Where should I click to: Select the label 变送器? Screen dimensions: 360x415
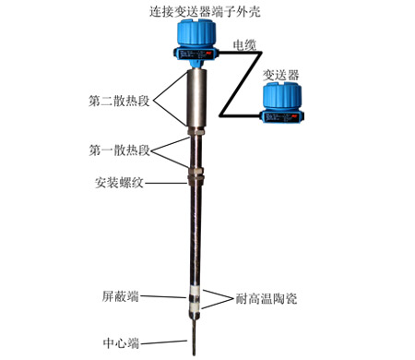(280, 73)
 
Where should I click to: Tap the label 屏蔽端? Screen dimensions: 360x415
(120, 297)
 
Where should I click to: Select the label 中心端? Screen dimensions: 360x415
(120, 343)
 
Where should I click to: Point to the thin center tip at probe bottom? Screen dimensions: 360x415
(194, 336)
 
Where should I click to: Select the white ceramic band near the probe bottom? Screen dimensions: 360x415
(193, 300)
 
